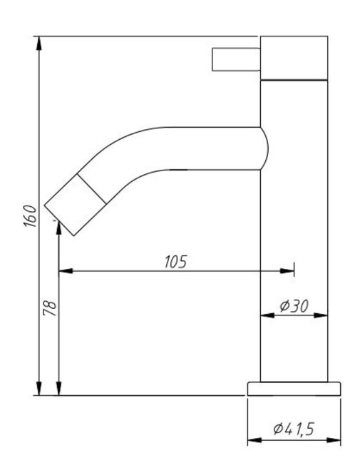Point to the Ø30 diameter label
[293, 305]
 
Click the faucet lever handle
[235, 59]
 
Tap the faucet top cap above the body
[293, 57]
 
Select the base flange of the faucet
[293, 389]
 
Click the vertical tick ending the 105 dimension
[293, 270]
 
